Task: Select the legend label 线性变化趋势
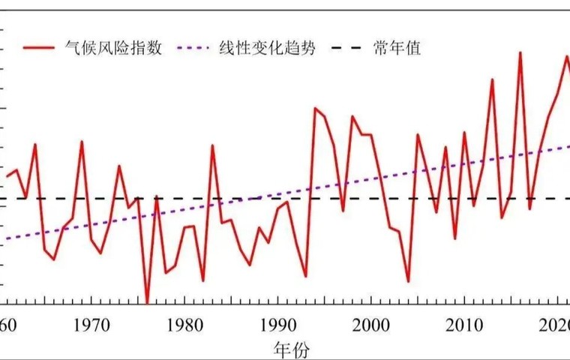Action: [267, 49]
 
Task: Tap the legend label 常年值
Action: [397, 49]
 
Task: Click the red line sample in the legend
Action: [38, 49]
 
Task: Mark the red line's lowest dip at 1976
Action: [147, 302]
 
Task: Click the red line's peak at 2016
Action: [520, 52]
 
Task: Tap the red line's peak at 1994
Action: [315, 108]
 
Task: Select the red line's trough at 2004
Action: [408, 282]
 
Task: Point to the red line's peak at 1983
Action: [212, 145]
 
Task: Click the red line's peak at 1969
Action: [82, 141]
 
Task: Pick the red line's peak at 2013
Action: [492, 79]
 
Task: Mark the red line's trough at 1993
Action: [305, 276]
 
